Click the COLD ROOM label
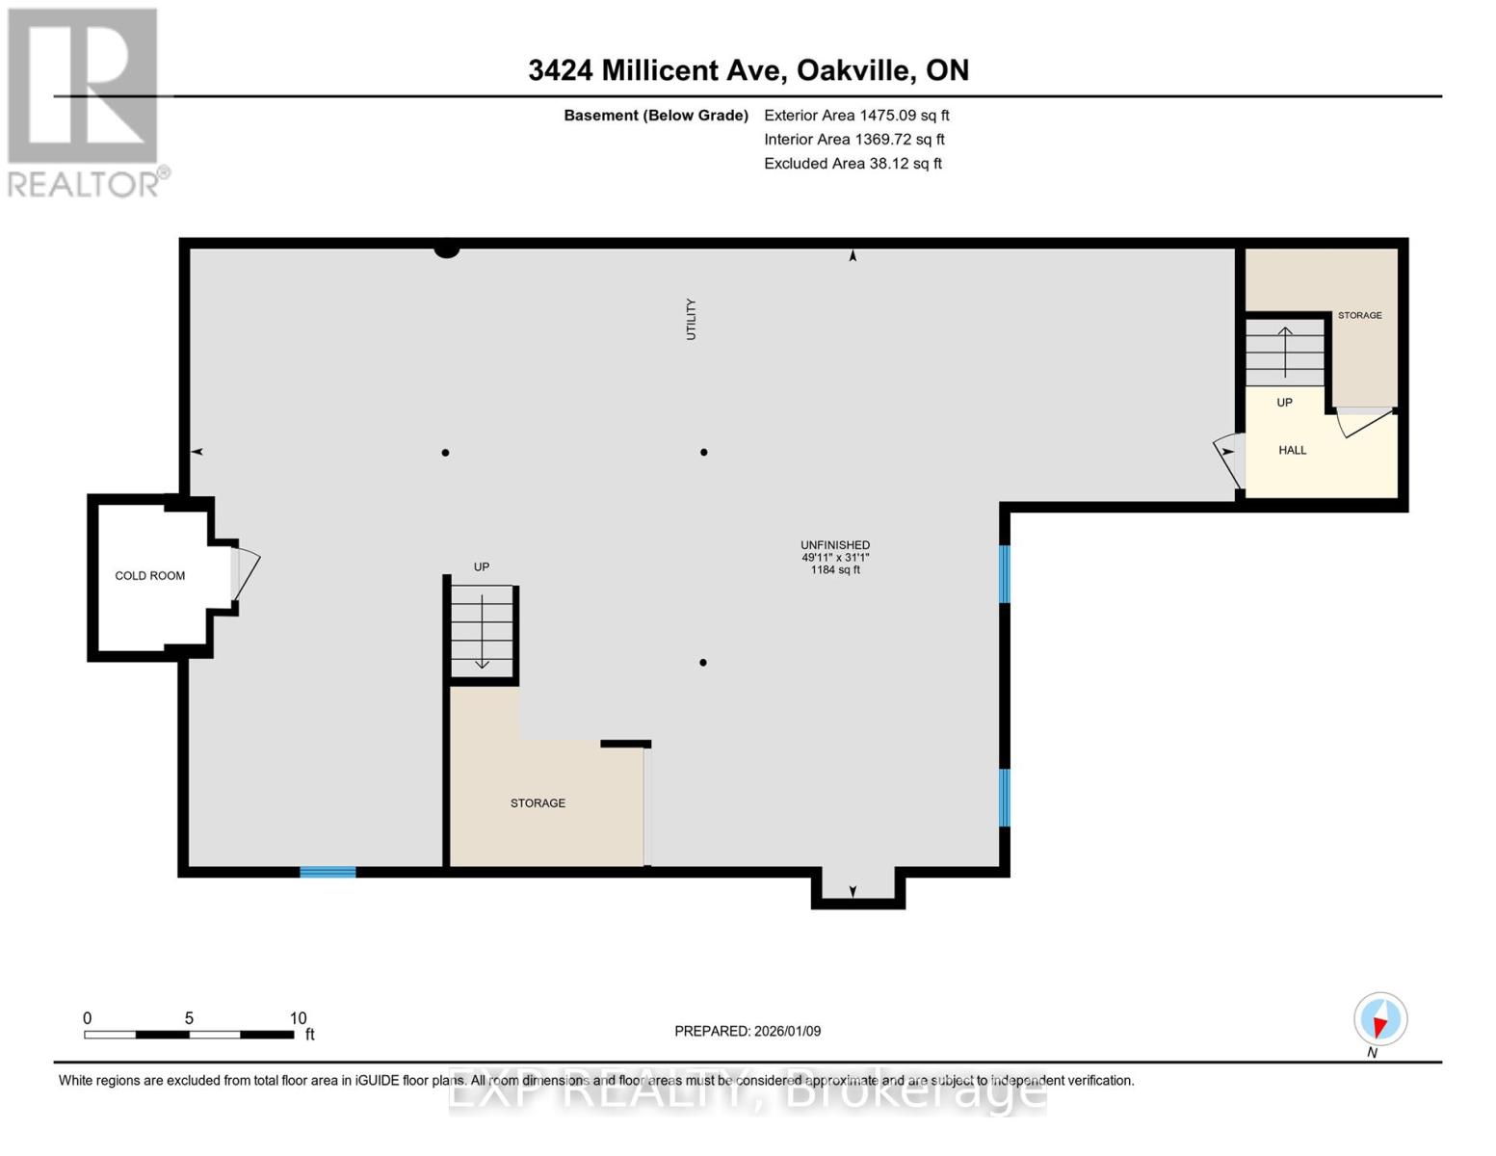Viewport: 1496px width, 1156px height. click(149, 576)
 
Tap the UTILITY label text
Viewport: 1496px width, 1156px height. click(691, 319)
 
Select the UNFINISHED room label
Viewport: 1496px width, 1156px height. click(835, 545)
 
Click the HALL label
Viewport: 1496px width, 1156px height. click(1292, 450)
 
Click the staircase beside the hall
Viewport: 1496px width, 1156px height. click(1284, 353)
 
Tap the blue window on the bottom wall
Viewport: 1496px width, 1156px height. click(328, 872)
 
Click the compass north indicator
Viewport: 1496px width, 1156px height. click(1380, 1019)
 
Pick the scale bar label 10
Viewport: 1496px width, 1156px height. click(298, 1018)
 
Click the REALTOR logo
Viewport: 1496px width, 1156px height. click(85, 102)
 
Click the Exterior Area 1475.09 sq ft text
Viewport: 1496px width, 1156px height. click(856, 116)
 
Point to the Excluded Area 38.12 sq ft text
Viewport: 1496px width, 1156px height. click(853, 164)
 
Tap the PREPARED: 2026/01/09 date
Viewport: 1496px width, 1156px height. click(748, 1031)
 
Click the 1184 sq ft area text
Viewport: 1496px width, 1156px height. click(835, 570)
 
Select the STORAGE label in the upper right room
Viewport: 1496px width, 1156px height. click(1359, 315)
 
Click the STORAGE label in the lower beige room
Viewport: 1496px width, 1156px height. click(538, 803)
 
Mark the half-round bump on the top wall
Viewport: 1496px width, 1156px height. click(446, 250)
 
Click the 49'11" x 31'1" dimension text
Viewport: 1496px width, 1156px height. click(835, 558)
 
